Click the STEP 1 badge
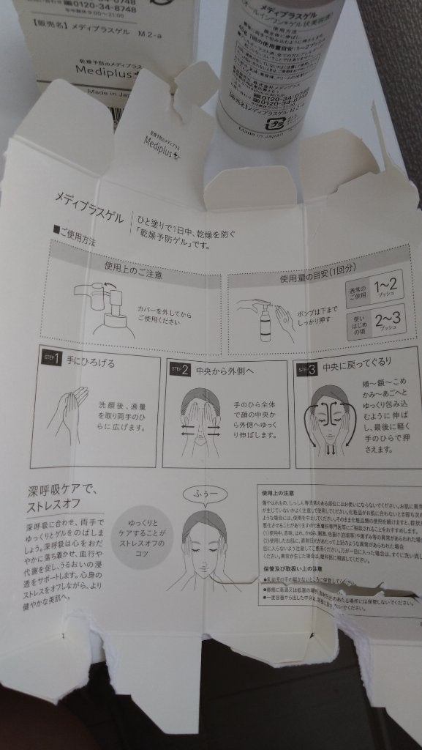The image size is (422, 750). coord(51,359)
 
